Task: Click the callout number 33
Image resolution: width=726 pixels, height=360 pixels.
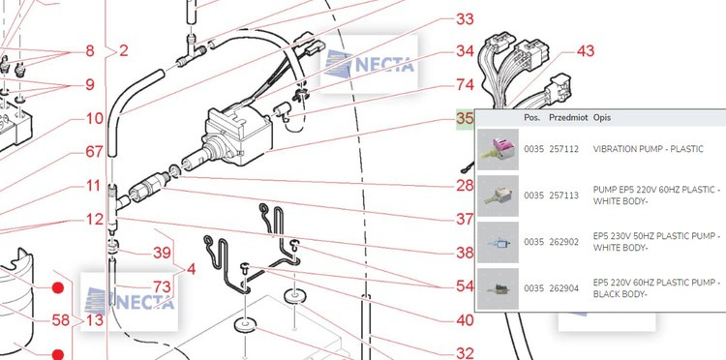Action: [465, 19]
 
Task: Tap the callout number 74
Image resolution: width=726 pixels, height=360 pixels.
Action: [465, 85]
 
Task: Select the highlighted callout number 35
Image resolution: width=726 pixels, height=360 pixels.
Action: [465, 118]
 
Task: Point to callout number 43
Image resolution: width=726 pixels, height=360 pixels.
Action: [586, 51]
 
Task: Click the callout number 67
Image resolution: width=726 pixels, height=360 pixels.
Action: [94, 152]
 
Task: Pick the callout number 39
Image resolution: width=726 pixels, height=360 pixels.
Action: [162, 254]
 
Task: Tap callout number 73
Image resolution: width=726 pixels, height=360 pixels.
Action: [162, 286]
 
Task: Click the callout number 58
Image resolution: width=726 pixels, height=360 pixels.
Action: [60, 320]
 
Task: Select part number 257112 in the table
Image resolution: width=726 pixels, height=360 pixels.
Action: [564, 149]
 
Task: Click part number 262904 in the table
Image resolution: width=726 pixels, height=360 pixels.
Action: [564, 288]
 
